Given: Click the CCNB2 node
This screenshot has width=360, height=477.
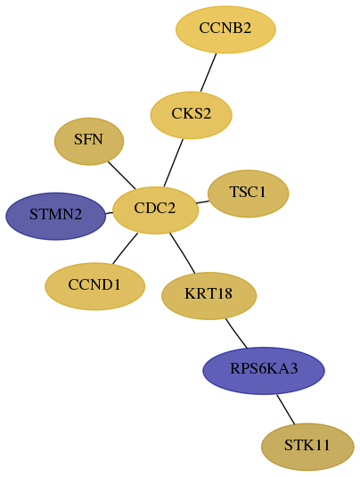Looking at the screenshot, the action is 225,29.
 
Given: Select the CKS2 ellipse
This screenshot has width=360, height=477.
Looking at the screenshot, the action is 192,115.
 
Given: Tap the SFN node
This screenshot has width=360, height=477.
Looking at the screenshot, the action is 89,142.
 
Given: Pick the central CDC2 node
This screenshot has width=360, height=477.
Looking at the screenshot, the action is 155,210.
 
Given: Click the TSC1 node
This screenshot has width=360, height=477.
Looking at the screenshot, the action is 248,193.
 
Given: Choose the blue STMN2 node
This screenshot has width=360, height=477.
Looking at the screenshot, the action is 56,216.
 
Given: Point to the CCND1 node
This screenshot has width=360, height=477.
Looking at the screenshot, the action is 94,286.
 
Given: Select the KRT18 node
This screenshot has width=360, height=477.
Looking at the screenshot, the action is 209,296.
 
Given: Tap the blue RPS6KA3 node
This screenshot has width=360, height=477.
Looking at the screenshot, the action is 264,371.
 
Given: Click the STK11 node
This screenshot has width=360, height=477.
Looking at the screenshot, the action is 307,447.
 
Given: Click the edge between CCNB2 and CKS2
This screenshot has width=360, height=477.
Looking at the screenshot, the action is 209,72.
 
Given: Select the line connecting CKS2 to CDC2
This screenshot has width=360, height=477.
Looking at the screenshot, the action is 173,163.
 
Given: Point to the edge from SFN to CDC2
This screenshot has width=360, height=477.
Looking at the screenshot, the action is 121,175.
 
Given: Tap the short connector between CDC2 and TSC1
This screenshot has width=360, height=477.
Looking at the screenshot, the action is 202,202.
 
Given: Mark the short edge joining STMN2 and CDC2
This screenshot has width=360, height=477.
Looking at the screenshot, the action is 109,213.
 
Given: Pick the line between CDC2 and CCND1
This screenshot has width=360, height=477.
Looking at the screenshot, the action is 125,248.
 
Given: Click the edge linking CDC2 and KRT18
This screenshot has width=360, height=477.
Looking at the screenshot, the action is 182,253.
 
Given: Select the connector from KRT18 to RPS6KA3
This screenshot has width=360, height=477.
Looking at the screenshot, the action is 236,333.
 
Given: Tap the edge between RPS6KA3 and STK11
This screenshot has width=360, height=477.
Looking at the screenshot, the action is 285,409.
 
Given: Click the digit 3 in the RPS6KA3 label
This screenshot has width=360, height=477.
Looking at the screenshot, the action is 293,368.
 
